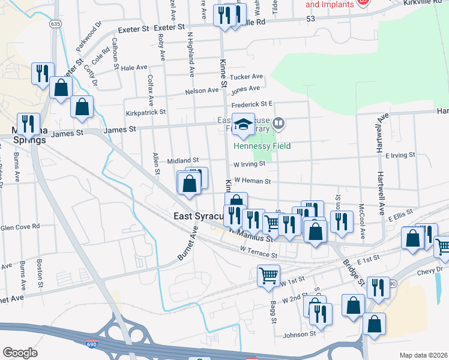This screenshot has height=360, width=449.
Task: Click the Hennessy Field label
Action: [x=262, y=146]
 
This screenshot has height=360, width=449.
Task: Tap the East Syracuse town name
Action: [x=198, y=216]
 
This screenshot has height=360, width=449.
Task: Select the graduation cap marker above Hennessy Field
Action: [x=243, y=125]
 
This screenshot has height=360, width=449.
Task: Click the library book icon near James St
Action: [x=278, y=124]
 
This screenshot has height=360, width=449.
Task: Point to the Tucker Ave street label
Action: [x=247, y=77]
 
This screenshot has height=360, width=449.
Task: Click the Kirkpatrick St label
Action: [x=145, y=112]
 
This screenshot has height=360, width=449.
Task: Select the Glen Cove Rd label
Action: [x=20, y=227]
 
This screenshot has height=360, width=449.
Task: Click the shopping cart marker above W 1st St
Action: [x=268, y=277]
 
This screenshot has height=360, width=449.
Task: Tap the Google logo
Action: [x=20, y=353]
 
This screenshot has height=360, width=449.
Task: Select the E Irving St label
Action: [x=400, y=155]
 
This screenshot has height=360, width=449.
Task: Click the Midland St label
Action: [x=182, y=160]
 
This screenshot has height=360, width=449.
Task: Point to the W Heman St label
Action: [x=253, y=180]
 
